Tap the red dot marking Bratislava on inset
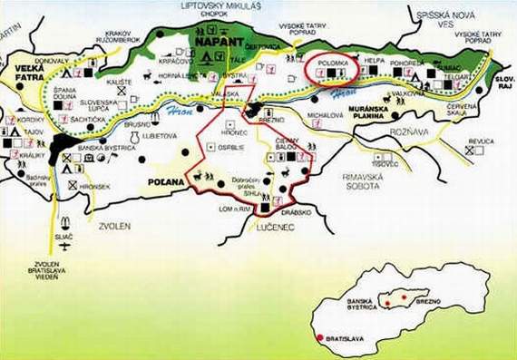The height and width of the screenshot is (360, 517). [x=318, y=338]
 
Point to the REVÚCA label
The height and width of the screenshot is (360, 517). [x=483, y=141]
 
